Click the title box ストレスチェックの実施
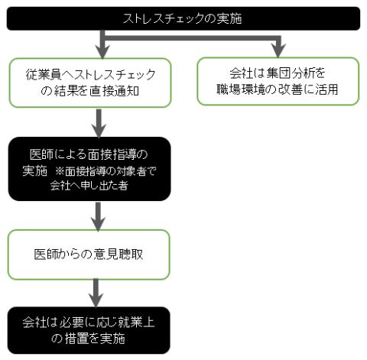coord(183,18)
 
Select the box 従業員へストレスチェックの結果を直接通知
coord(90,83)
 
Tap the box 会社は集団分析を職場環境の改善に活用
coord(278,81)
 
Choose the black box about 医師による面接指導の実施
coord(89,169)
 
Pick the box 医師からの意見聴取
coord(89,255)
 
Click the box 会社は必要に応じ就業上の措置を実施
coord(89,330)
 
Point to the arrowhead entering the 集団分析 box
coord(278,50)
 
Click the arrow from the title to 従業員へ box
coord(102,44)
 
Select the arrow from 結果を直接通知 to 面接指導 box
coord(99,123)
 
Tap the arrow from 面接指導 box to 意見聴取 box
coord(98,216)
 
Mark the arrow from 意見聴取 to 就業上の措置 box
coord(96,293)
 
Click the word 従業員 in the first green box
coord(44,75)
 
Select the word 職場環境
coord(240,89)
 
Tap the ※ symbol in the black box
coord(60,171)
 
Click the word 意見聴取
coord(119,255)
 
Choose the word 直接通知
coord(115,91)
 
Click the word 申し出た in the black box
coord(99,186)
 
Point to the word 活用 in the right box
coord(326,89)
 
